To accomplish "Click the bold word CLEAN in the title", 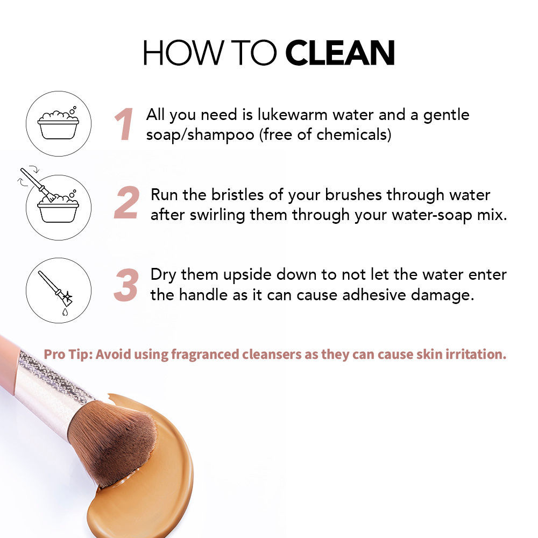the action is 339,53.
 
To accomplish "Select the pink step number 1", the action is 124,124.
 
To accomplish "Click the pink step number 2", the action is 127,202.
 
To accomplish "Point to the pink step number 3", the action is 126,285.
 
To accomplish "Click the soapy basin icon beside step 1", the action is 59,124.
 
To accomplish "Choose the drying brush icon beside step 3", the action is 59,291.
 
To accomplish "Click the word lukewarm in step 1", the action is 292,115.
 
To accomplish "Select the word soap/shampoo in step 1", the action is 200,134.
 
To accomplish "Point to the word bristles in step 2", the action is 237,195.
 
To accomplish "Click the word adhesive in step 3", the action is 374,295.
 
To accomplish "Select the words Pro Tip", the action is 68,355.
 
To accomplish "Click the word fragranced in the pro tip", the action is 205,355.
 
